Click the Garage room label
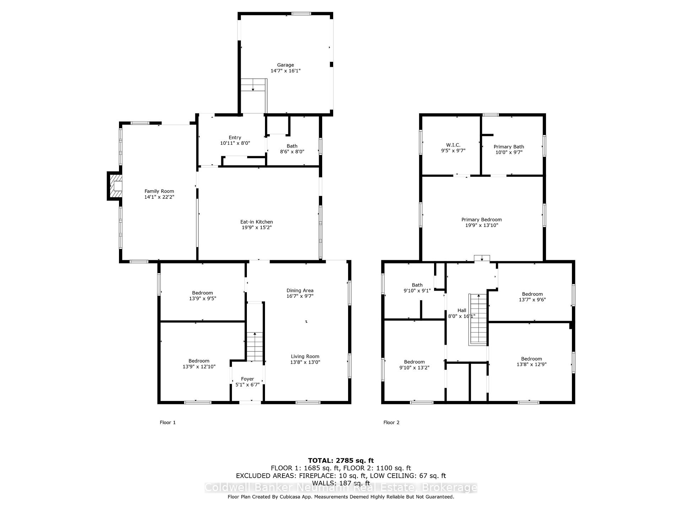(x=286, y=65)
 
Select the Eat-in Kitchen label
(x=256, y=222)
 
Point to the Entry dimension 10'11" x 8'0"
(x=235, y=143)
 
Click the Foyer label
(x=248, y=379)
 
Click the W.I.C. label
(x=453, y=145)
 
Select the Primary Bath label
(x=509, y=147)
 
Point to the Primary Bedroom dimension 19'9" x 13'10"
(x=482, y=225)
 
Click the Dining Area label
(x=300, y=290)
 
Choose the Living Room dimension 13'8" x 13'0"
(x=305, y=362)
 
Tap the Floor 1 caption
(x=168, y=422)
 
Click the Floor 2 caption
(x=391, y=422)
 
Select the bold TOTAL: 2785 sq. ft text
(x=341, y=461)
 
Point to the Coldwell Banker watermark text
(x=341, y=488)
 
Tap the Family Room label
(x=159, y=191)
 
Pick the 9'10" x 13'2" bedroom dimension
(x=415, y=368)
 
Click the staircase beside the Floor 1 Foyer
(x=255, y=347)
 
